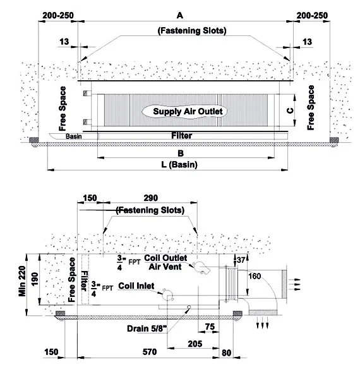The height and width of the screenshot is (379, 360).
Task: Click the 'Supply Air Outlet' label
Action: pos(188,111)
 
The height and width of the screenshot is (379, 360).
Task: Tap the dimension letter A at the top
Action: pos(180,15)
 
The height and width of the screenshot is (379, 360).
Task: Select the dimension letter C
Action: pos(290,111)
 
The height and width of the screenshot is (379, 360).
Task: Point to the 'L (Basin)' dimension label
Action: pos(179,165)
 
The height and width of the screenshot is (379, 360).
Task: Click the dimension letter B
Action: pos(181,153)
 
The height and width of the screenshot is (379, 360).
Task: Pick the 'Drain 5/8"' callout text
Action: pos(147,328)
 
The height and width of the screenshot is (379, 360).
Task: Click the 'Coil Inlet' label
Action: pos(136,286)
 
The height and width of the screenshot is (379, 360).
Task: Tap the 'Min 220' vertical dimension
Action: pos(22,281)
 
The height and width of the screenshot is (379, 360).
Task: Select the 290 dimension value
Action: pos(151,198)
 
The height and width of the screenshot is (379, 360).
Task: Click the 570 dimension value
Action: pos(150,352)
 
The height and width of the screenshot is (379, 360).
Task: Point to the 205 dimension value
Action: pos(195,344)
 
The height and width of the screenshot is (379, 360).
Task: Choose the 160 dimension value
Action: pos(255,276)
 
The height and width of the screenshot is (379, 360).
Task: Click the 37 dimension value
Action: pos(241,260)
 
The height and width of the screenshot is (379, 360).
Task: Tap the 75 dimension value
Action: pos(210,327)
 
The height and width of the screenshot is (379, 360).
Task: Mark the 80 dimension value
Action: pos(226,353)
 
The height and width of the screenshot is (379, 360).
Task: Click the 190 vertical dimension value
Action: pos(35,279)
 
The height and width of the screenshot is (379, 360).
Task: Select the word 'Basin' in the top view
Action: pos(74,136)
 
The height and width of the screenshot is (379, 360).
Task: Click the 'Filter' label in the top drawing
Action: pos(182,136)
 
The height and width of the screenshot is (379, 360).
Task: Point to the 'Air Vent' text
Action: pos(165,267)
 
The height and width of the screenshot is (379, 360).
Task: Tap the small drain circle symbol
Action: pos(189,307)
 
